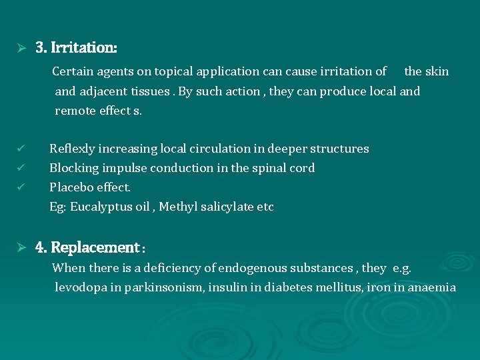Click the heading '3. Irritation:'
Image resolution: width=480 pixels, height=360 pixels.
(76, 48)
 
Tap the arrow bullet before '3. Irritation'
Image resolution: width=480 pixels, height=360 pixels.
(21, 48)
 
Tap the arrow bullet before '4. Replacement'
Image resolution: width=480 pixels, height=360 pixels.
(21, 248)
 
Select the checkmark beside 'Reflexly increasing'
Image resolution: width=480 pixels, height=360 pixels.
(21, 148)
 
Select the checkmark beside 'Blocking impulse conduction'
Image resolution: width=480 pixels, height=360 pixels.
(21, 167)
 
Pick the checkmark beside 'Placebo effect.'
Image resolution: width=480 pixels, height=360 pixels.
(21, 187)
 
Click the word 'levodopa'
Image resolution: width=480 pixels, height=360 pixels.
(79, 287)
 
